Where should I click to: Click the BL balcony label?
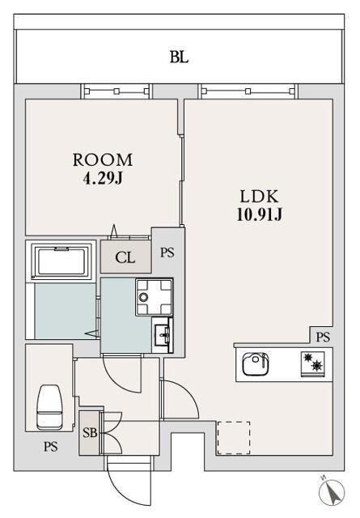point(179,57)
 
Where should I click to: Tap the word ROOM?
point(103,160)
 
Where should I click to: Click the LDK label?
point(259,197)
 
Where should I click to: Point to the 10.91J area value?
point(259,214)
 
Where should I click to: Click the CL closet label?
point(125,257)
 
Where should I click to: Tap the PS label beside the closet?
point(167,253)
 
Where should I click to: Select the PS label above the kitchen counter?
point(323,337)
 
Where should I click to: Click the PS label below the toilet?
point(51,447)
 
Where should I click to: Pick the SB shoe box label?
point(90,432)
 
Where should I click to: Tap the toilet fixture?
point(49,407)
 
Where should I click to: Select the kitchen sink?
point(256,363)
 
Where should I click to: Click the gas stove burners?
point(313,363)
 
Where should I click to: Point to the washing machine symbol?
point(155,297)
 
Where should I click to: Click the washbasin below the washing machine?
point(163,334)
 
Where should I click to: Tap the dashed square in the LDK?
point(234,438)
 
